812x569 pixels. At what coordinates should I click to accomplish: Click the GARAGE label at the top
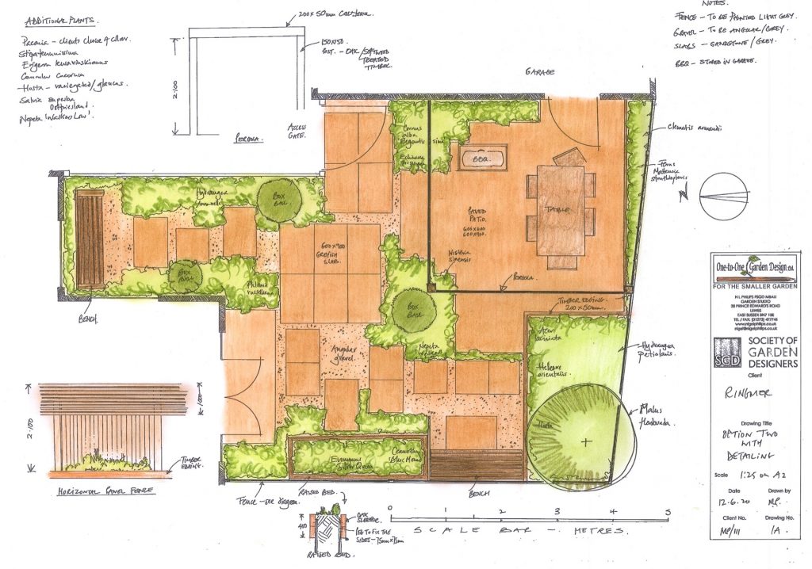click(x=538, y=71)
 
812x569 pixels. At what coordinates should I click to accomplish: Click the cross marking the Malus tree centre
click(x=586, y=440)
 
